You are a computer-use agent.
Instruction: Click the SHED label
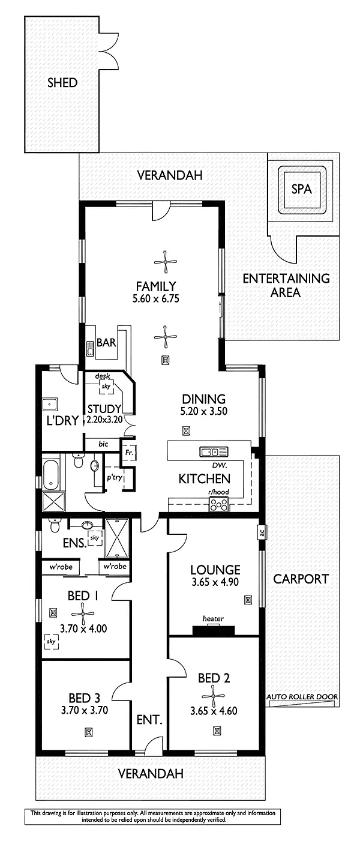pos(62,83)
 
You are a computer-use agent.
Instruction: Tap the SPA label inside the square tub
pos(301,188)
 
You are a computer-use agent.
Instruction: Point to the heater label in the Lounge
pos(213,619)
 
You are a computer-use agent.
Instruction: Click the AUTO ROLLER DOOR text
pos(302,697)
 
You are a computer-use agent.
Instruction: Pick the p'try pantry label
pos(114,479)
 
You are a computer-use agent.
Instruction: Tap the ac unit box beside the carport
pos(262,532)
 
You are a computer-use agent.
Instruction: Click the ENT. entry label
pos(149,719)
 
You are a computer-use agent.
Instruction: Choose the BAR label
pos(107,345)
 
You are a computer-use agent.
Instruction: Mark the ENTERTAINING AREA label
pos(286,286)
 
